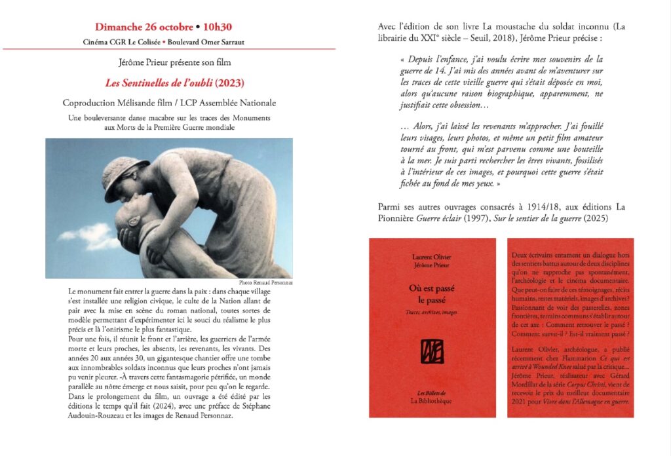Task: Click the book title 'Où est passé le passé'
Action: (x=432, y=294)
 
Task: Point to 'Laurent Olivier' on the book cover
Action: (x=432, y=257)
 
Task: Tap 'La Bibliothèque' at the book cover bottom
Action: (x=432, y=399)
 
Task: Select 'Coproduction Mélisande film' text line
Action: (x=131, y=104)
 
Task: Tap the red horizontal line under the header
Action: (x=169, y=50)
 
